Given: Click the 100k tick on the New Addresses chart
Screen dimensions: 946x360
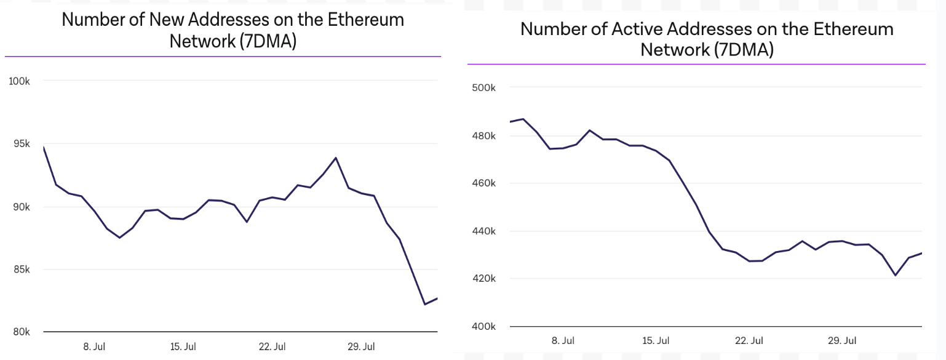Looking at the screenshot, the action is [x=20, y=81].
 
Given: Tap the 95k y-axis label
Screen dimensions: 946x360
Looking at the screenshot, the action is [x=22, y=143].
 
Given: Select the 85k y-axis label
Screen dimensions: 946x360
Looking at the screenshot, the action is [x=22, y=269].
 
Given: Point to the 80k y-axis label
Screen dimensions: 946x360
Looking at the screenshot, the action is [x=22, y=332].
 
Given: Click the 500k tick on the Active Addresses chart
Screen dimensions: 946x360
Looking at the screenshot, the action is [x=483, y=87].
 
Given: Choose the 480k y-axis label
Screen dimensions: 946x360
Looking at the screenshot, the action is [x=483, y=135].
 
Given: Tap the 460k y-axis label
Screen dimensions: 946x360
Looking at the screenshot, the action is [x=483, y=183].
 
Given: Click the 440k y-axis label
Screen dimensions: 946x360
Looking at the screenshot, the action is [x=483, y=231].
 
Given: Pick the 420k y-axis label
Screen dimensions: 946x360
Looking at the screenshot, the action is [x=483, y=278].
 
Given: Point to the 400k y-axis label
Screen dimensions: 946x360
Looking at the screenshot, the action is [x=483, y=326].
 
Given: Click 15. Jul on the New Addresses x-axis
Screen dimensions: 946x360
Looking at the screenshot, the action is [x=183, y=346].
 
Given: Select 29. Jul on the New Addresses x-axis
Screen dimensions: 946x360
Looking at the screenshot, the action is [x=361, y=346].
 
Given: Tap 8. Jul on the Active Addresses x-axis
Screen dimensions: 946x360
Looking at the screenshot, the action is [x=563, y=340].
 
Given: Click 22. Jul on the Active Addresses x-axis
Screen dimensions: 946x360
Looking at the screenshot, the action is [x=749, y=340].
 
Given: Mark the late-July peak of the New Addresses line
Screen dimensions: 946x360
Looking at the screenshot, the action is [x=336, y=158].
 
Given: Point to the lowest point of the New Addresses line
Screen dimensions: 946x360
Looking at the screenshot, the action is [x=424, y=304].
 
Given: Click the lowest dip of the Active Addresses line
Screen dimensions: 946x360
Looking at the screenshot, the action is [x=896, y=275].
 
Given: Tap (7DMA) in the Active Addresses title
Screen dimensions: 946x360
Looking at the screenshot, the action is [x=744, y=50].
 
